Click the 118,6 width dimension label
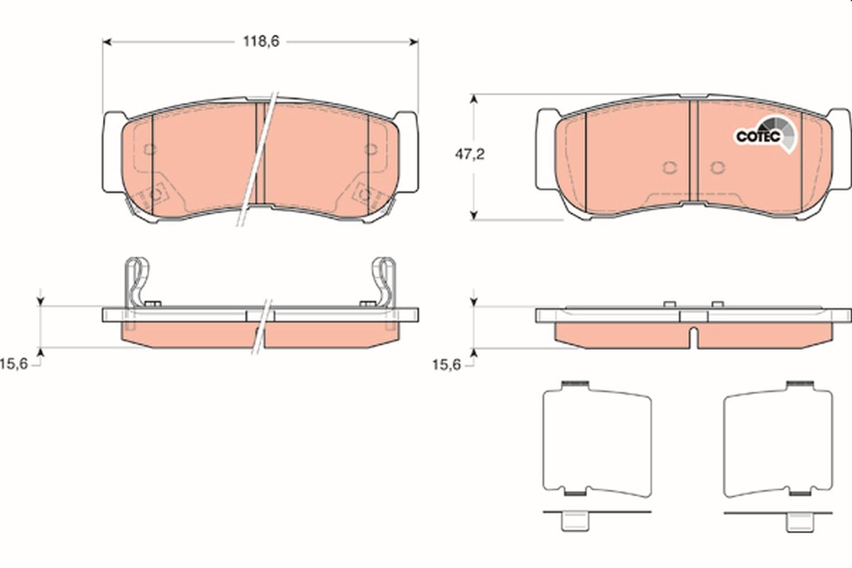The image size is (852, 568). pyautogui.click(x=261, y=41)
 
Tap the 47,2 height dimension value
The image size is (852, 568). pyautogui.click(x=469, y=155)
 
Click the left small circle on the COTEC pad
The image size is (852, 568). pyautogui.click(x=668, y=168)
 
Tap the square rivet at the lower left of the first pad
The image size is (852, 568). pyautogui.click(x=156, y=192)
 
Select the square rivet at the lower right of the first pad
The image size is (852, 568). pyautogui.click(x=366, y=192)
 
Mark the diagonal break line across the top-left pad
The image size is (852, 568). pyautogui.click(x=258, y=160)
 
